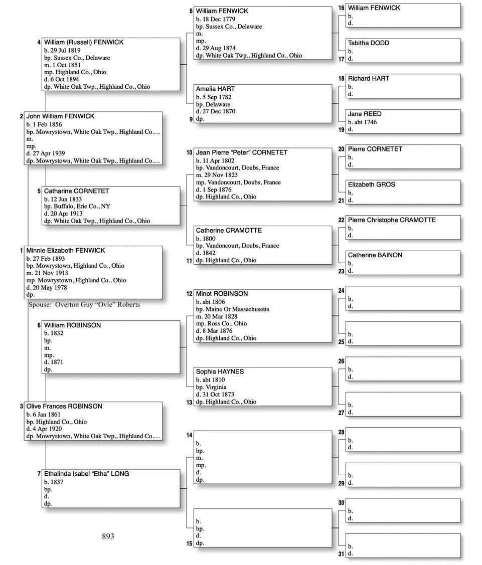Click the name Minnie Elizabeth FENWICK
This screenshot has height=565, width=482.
coord(66,251)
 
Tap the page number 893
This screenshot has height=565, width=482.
coord(108,536)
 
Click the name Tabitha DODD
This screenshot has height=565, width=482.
coord(369,43)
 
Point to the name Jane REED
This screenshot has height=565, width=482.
coord(365,114)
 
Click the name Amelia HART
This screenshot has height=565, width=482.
coord(215,89)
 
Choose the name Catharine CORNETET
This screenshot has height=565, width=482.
coord(76,191)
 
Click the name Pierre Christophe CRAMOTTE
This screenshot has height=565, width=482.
coord(392,220)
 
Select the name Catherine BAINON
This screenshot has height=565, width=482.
coord(375,255)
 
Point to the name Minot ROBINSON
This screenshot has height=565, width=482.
coord(222,294)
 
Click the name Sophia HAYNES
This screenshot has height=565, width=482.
coord(220,371)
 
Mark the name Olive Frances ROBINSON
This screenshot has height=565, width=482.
coord(64,407)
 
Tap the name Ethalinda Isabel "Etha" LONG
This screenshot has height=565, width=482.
coord(86,474)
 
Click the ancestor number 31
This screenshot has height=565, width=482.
coord(341,554)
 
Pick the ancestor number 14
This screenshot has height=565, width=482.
coord(189,436)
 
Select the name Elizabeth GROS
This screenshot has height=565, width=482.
coord(372,184)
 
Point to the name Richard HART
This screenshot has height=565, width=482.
coord(369,79)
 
